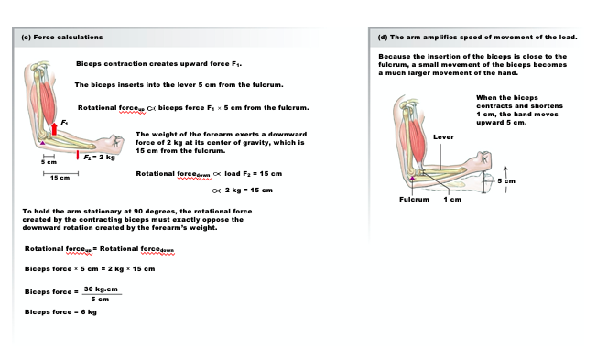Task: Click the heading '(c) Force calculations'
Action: point(61,38)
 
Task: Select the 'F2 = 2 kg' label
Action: point(101,158)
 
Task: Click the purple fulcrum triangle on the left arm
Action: point(40,143)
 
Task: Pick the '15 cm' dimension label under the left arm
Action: point(60,177)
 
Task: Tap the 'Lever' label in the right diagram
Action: point(443,136)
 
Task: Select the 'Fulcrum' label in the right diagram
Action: point(414,199)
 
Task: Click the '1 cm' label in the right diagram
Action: point(451,199)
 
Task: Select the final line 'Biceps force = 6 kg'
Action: point(60,311)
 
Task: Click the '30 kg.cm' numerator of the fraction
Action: point(102,289)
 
